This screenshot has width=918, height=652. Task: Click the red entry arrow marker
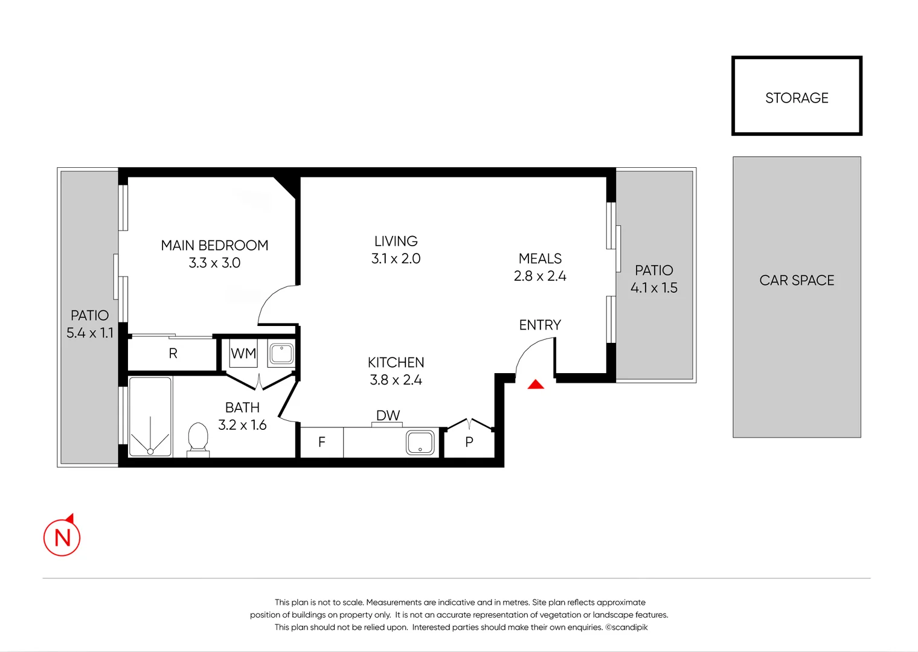point(536,385)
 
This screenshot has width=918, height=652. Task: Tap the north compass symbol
point(62,537)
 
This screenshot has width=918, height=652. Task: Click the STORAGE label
point(797,98)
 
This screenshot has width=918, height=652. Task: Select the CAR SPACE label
point(797,280)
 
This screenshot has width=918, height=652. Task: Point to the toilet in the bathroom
point(198,438)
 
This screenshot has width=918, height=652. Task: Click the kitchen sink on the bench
point(420,443)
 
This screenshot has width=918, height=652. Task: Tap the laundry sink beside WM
point(281,353)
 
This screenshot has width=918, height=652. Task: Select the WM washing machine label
point(243,354)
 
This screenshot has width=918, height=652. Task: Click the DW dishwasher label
point(388,415)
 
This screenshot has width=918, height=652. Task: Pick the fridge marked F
point(322,443)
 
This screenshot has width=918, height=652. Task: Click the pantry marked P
point(469,443)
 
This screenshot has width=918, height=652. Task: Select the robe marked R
point(173,354)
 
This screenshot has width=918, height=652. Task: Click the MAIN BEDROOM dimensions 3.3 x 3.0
point(214,263)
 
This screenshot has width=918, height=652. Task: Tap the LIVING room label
point(396,241)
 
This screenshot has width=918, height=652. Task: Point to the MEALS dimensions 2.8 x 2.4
point(540,276)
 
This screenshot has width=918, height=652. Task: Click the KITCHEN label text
point(396,362)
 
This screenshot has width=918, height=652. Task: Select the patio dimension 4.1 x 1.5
point(653,288)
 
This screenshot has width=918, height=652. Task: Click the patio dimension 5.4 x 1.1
point(90,333)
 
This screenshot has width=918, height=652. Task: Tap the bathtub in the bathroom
point(150,417)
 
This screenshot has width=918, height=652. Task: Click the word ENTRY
point(540,325)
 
